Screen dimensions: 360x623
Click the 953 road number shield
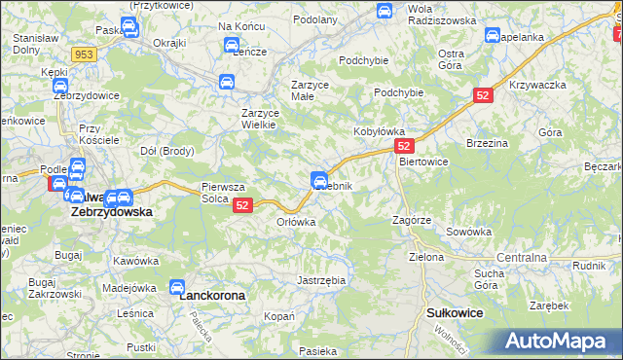click(x=84, y=55)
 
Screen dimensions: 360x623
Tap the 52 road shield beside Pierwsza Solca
click(x=243, y=204)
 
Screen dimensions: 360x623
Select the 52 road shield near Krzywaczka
click(x=483, y=95)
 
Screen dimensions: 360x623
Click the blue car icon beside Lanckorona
click(x=177, y=287)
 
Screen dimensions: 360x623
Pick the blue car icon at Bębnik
click(x=318, y=179)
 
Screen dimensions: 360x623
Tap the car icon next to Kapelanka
click(x=492, y=36)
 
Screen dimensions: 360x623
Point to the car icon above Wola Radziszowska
click(x=385, y=12)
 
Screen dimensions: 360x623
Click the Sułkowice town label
click(x=456, y=313)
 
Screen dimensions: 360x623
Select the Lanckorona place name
click(x=213, y=294)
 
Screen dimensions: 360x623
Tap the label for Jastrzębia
click(x=321, y=279)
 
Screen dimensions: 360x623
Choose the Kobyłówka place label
click(x=378, y=129)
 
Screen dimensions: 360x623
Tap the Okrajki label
click(x=169, y=44)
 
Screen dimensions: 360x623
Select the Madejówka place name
click(x=129, y=287)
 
